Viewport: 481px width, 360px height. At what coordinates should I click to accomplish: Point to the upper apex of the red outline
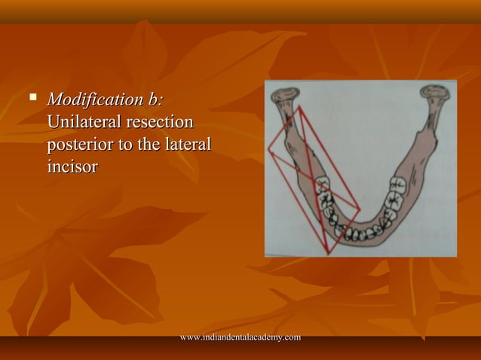[x=299, y=107]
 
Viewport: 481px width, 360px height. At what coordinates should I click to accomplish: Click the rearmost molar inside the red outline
[x=323, y=185]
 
